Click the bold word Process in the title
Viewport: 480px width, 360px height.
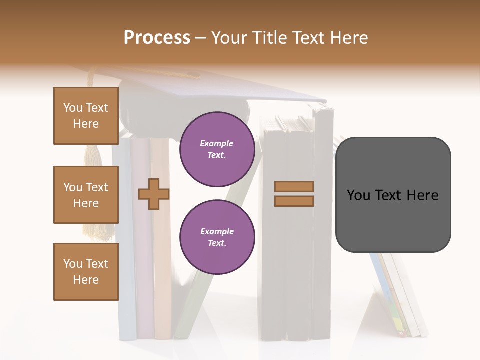[157, 37]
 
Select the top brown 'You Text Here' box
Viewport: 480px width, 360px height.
[86, 116]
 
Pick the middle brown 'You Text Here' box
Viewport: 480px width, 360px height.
[86, 195]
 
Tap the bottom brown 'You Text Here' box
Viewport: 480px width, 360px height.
[86, 272]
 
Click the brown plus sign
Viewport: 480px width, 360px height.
[153, 194]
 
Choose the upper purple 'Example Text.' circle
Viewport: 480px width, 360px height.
[217, 149]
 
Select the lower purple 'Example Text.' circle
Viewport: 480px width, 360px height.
[217, 237]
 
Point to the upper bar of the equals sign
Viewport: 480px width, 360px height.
[294, 186]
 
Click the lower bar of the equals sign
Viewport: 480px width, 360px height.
[294, 201]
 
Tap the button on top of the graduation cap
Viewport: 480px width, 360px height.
[192, 75]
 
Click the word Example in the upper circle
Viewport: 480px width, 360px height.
[217, 143]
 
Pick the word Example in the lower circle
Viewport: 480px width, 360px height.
[217, 231]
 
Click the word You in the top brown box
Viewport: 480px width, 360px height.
[72, 108]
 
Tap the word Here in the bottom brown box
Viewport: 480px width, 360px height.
[86, 280]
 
